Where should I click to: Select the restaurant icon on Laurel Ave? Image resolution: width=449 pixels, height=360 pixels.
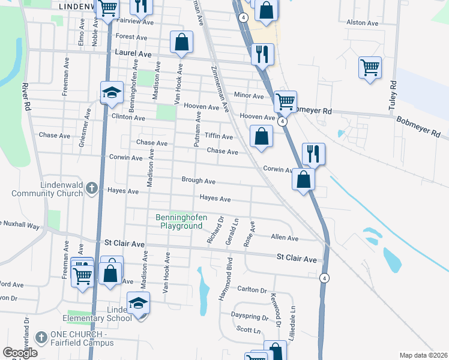tap(262, 54)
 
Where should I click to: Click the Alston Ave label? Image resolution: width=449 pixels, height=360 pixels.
tap(363, 23)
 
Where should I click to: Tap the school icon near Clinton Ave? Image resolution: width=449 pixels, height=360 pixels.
tap(111, 92)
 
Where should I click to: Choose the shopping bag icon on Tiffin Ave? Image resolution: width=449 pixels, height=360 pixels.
tap(261, 136)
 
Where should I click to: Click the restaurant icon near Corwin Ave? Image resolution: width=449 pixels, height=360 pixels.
tap(313, 154)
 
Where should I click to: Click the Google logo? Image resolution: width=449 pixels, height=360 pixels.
tap(20, 353)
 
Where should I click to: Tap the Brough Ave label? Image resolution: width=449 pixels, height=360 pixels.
tap(199, 181)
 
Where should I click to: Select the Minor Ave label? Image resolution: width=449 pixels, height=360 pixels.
tap(249, 95)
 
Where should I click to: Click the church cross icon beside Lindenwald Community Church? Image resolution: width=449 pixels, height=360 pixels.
tap(91, 189)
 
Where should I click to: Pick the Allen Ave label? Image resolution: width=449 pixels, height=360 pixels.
tap(285, 238)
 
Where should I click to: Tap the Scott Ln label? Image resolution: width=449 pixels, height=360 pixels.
tap(248, 329)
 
